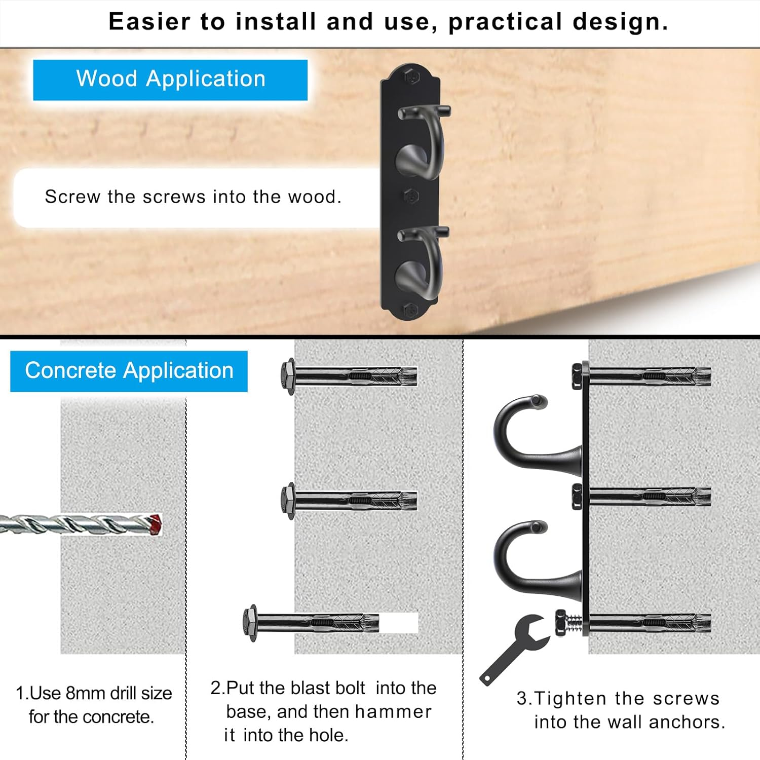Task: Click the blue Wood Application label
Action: pyautogui.click(x=170, y=80)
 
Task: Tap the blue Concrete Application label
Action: pyautogui.click(x=129, y=371)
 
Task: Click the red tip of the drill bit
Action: pyautogui.click(x=156, y=524)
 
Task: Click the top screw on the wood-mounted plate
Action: pyautogui.click(x=411, y=77)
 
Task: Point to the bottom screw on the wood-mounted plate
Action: pyautogui.click(x=410, y=309)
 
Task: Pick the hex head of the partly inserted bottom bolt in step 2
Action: pyautogui.click(x=250, y=623)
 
